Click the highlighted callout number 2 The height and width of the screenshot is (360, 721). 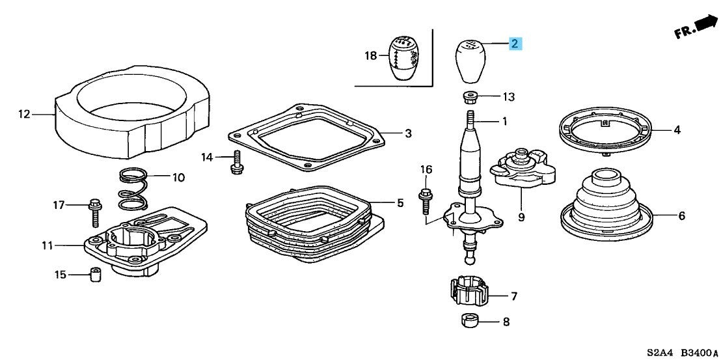(515, 44)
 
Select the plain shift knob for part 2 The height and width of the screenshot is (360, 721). (468, 61)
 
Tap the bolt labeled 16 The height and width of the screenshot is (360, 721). (425, 201)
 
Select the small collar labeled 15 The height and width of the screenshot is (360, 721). (95, 275)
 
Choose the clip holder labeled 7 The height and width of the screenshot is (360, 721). (468, 290)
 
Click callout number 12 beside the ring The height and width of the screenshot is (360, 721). (23, 113)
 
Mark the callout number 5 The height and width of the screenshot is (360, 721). (400, 202)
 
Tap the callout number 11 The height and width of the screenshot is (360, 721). (47, 246)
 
